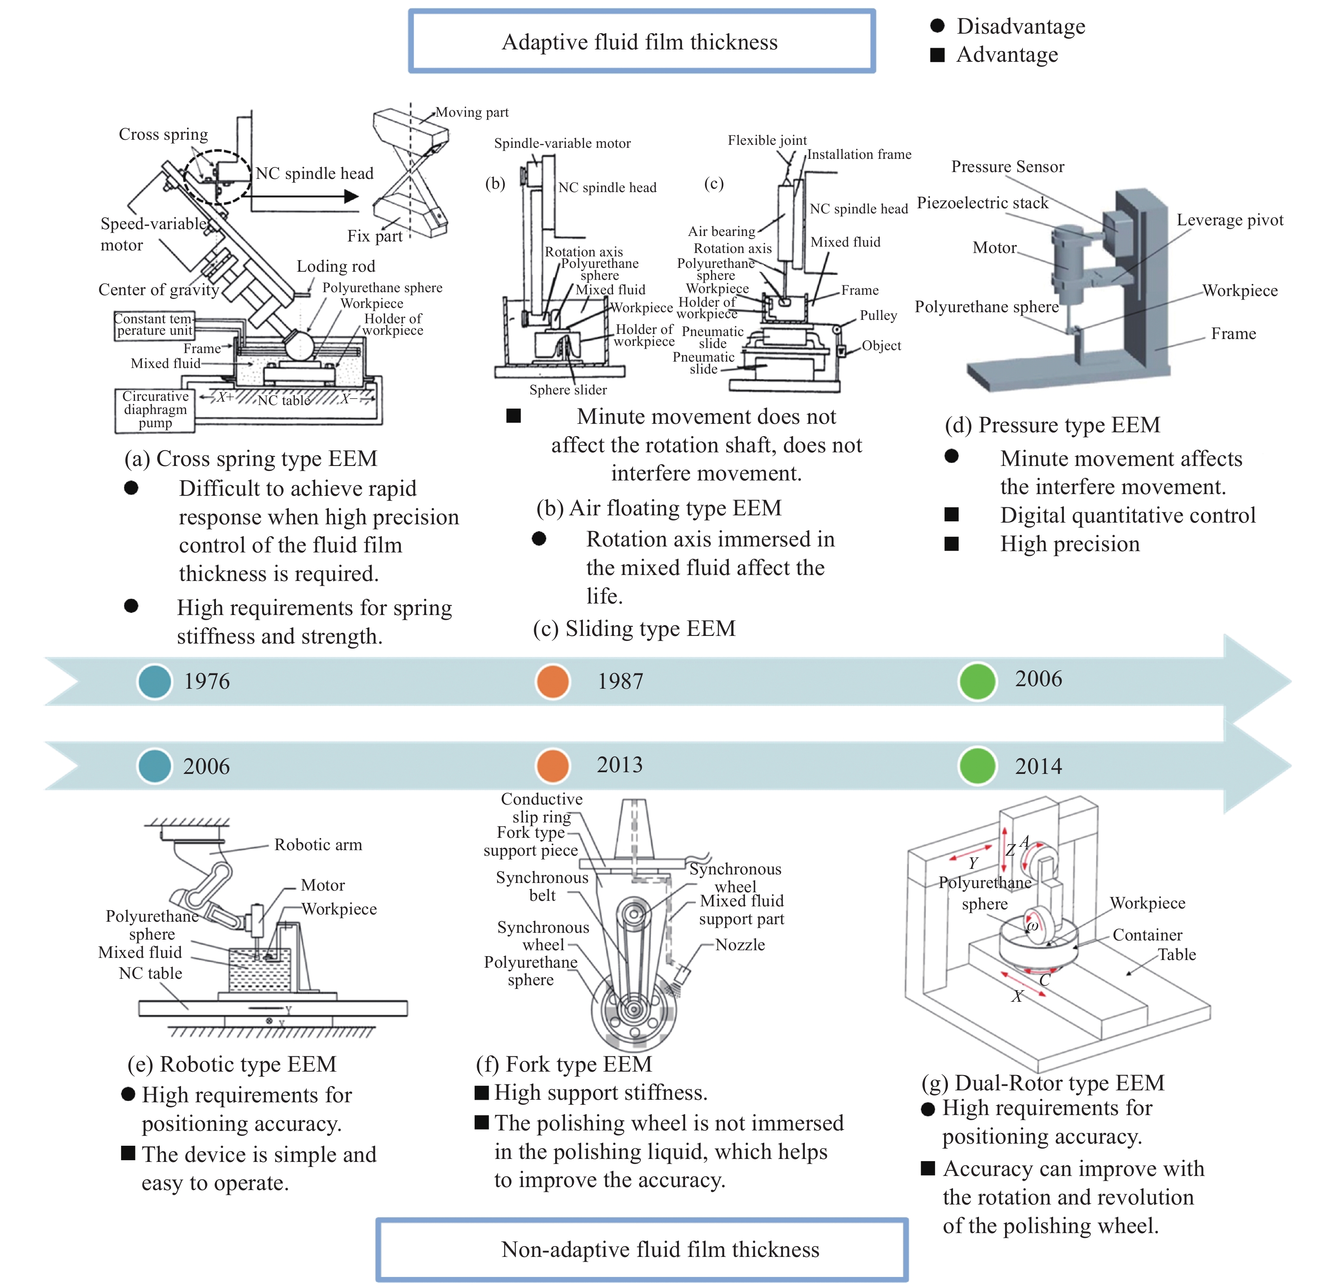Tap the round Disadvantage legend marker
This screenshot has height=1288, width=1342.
click(x=937, y=26)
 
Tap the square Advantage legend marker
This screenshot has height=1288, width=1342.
click(x=937, y=55)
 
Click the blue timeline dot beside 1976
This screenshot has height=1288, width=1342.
click(x=155, y=681)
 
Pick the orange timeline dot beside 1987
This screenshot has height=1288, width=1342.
click(x=553, y=681)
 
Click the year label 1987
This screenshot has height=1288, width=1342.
click(x=620, y=681)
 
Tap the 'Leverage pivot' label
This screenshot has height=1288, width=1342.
click(x=1230, y=220)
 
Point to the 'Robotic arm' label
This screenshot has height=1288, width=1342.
click(x=318, y=845)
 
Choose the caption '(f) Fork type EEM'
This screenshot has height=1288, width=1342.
click(x=564, y=1064)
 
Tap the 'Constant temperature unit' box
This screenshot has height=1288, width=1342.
click(x=154, y=325)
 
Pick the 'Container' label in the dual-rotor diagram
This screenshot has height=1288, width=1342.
click(x=1147, y=935)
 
